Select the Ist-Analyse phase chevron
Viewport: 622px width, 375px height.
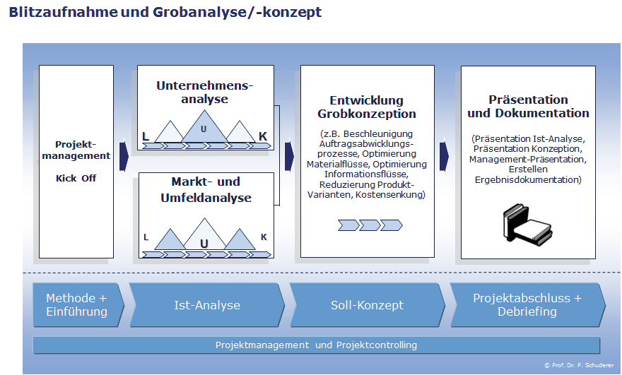tap(206, 305)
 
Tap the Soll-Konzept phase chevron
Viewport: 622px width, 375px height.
tap(367, 305)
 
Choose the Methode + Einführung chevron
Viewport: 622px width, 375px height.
tap(76, 305)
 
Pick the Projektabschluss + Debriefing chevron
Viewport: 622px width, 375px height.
tap(527, 305)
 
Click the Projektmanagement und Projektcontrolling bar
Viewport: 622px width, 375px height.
tap(316, 345)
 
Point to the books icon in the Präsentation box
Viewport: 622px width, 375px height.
tap(527, 225)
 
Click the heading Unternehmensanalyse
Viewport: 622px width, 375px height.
tap(204, 93)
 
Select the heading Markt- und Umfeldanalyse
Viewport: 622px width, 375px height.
tap(204, 189)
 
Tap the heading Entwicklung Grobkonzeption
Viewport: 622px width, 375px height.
tap(366, 107)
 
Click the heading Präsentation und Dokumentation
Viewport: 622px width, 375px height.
tap(528, 107)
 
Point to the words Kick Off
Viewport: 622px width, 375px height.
tap(76, 179)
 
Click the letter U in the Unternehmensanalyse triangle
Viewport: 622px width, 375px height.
tap(204, 129)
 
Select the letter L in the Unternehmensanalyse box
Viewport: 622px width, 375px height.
tap(145, 136)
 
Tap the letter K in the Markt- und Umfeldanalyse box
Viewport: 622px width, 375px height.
tap(264, 237)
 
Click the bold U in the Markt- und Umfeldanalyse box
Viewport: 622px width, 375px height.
tap(204, 244)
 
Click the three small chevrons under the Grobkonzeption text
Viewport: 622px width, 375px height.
tap(370, 225)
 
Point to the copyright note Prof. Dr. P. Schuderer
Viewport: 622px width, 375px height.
tap(580, 365)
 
